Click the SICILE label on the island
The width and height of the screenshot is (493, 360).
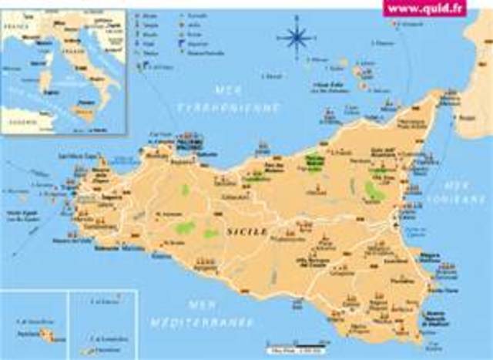(246, 231)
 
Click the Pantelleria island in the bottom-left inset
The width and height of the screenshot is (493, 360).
(48, 335)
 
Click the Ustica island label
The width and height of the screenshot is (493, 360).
(272, 76)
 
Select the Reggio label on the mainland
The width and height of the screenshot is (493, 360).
(467, 118)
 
